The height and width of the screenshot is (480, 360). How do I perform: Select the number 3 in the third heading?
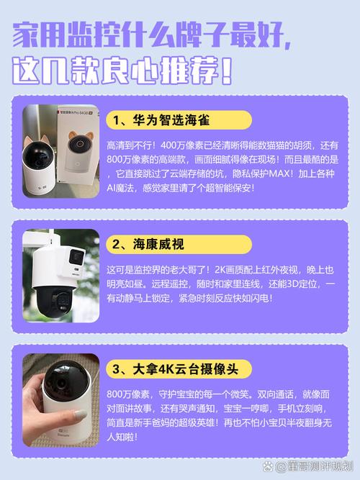click(116, 370)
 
